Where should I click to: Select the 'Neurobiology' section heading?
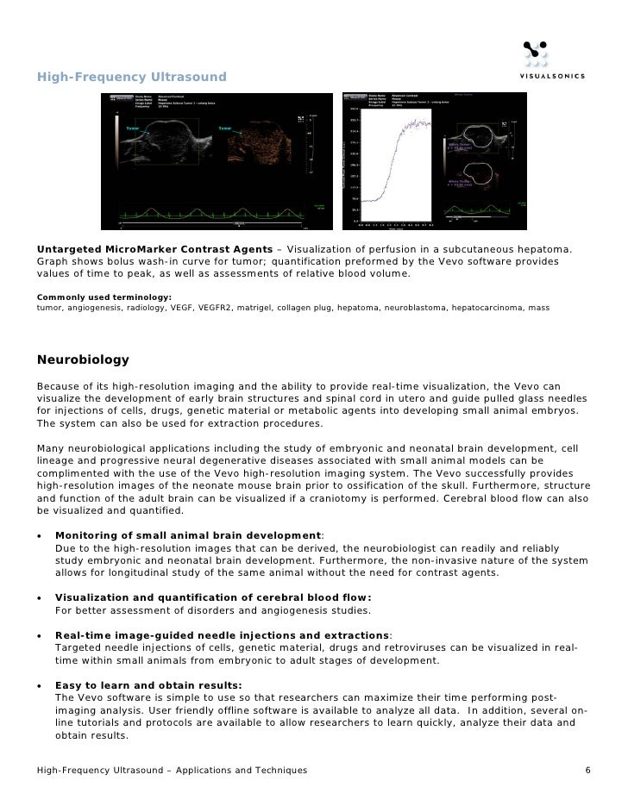(x=83, y=359)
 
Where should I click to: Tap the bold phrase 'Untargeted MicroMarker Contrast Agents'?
(x=154, y=248)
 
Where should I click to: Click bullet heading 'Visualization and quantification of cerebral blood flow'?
(x=213, y=597)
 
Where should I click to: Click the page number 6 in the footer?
(x=587, y=769)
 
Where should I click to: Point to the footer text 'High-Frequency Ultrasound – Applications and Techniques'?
(x=171, y=769)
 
